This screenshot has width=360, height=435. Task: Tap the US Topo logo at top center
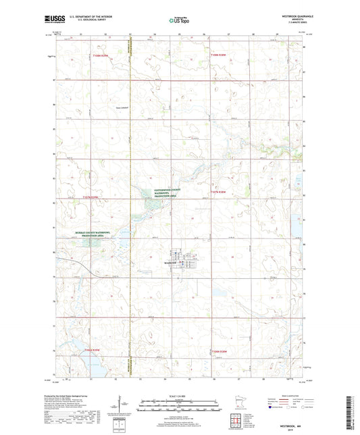178,20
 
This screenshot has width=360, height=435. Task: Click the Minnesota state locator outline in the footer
237,404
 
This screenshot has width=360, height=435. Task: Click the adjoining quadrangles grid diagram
238,421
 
